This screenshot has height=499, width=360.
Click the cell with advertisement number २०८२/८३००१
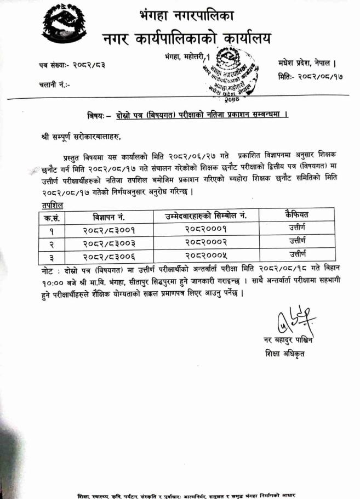click(110, 229)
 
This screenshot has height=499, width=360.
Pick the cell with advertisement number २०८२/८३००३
click(110, 243)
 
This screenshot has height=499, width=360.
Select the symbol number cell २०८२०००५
click(205, 256)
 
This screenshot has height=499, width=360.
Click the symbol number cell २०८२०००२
click(205, 242)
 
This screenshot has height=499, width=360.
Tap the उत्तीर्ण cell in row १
click(297, 228)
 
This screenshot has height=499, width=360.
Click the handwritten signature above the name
click(295, 320)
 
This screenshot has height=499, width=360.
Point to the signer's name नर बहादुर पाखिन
click(288, 341)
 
